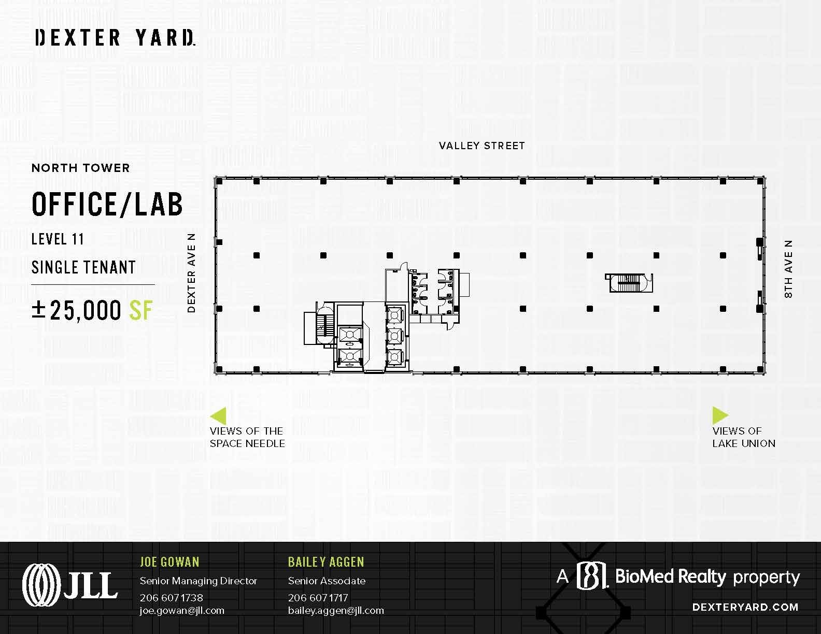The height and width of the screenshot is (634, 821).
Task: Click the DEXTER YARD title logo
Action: [115, 38]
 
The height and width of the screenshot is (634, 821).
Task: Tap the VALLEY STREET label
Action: [482, 146]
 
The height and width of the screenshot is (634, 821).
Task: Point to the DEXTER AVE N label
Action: [192, 272]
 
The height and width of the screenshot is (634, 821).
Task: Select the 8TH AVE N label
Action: [788, 269]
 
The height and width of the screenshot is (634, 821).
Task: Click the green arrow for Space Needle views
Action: [219, 416]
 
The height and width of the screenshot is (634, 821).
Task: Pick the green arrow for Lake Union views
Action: [720, 415]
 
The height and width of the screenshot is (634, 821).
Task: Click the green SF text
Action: [140, 310]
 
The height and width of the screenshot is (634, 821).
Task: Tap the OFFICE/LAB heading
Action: [107, 204]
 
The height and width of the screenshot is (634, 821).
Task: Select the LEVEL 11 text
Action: [58, 239]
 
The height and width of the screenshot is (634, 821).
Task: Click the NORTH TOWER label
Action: [80, 168]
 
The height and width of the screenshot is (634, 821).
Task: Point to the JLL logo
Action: [70, 585]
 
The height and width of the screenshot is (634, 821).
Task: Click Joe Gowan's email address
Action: [182, 611]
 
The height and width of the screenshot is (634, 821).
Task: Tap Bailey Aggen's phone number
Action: [318, 598]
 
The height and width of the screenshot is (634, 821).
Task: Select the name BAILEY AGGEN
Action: [326, 562]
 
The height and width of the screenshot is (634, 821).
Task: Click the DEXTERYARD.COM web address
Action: [745, 607]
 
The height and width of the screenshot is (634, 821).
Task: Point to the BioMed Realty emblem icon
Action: [592, 575]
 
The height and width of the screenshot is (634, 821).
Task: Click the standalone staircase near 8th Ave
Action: [629, 283]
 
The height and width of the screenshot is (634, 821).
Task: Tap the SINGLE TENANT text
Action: [83, 267]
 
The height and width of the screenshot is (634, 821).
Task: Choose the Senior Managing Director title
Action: [199, 581]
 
